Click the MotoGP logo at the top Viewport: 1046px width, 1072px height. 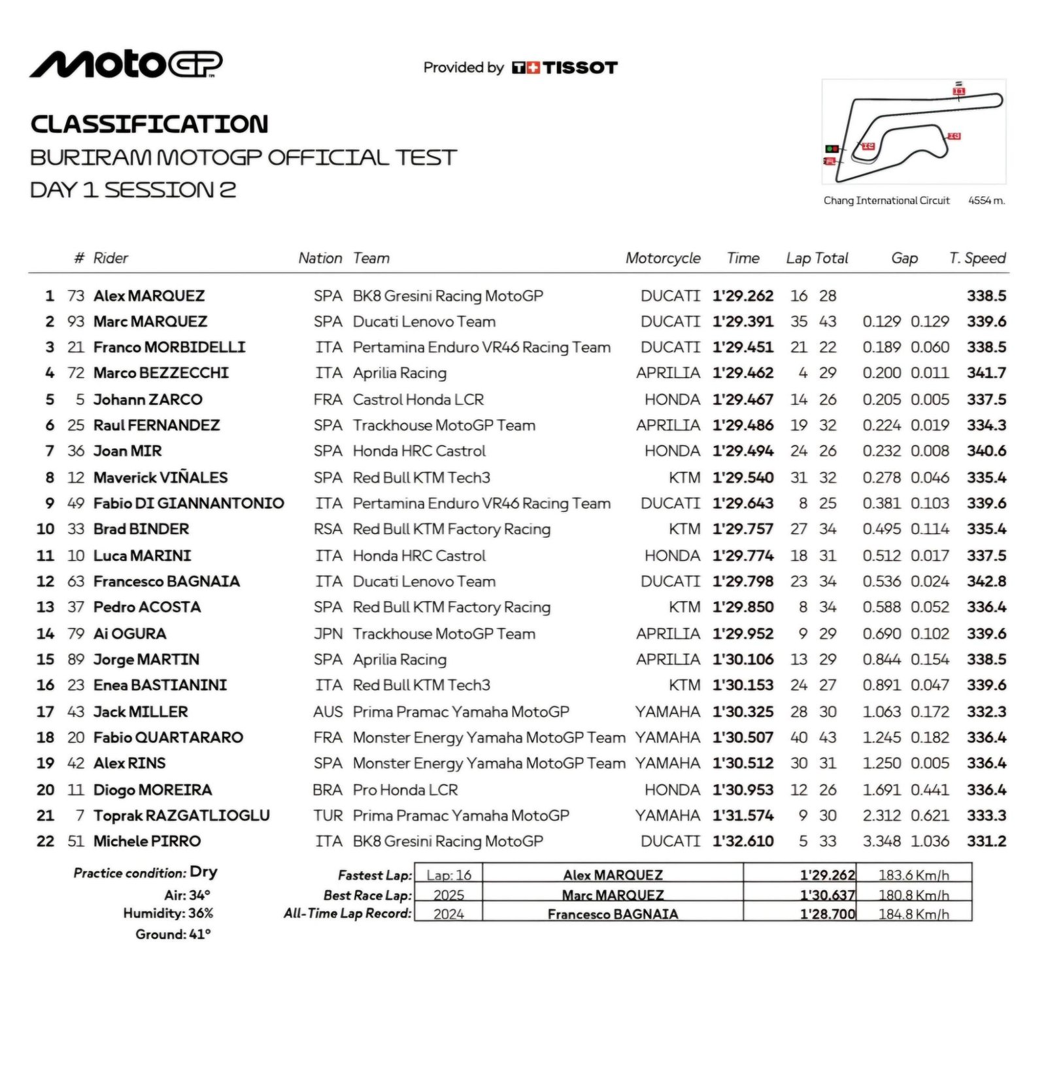coord(126,64)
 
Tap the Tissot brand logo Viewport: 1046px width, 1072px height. coord(565,67)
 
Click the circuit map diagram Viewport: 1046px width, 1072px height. coord(913,131)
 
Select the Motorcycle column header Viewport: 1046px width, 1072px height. coord(662,258)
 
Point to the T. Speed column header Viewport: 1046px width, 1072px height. coord(977,258)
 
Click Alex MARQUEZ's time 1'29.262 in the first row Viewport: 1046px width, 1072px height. coord(743,296)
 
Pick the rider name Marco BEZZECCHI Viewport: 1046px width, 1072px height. coord(161,373)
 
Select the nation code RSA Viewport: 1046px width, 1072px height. coord(328,529)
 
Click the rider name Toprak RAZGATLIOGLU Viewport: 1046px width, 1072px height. coord(181,816)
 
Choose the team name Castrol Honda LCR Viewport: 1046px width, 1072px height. coord(418,400)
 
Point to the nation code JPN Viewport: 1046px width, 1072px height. coord(328,634)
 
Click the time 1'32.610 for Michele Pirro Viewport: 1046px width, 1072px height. coord(743,841)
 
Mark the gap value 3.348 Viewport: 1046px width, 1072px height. coord(881,841)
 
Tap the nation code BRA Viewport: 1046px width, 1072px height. coord(328,790)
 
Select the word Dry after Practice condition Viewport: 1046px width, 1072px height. coord(203,872)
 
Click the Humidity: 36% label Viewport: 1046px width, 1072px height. coord(168,913)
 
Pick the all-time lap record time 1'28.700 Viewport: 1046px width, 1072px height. coord(827,914)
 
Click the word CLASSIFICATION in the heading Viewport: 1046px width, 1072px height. coord(149,124)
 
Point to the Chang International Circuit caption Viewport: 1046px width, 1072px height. coord(886,201)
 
